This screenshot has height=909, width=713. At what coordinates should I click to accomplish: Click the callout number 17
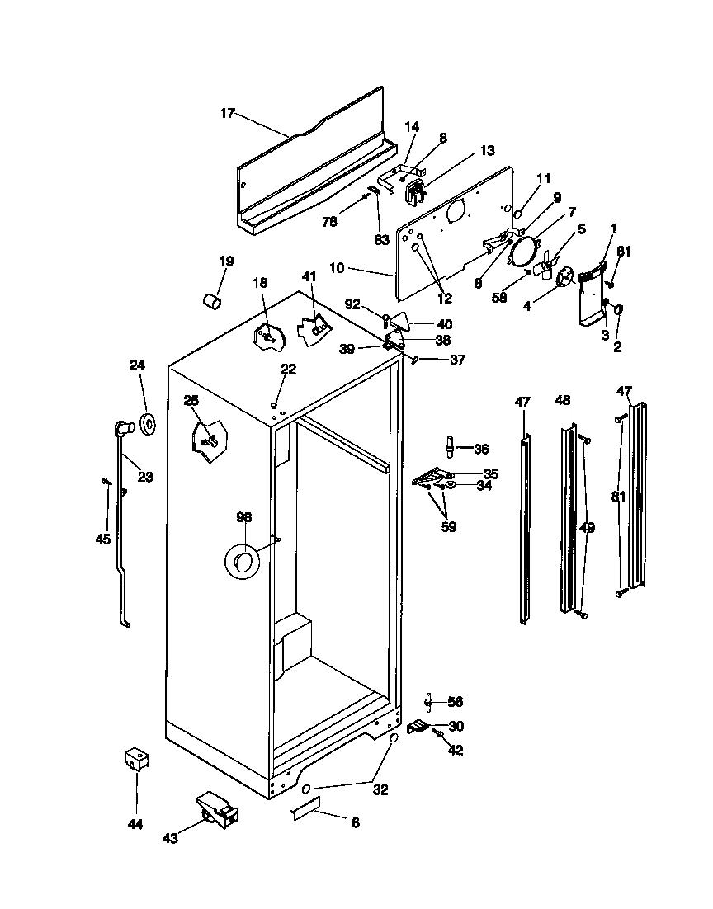click(x=227, y=113)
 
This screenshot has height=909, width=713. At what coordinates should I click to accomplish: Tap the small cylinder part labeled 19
click(x=213, y=299)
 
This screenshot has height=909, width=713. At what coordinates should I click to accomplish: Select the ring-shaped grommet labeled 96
click(x=243, y=563)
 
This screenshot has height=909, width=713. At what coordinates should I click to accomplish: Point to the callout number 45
click(x=102, y=539)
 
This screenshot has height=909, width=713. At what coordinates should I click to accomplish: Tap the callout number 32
click(x=380, y=789)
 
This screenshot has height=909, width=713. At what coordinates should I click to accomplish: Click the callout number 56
click(x=456, y=702)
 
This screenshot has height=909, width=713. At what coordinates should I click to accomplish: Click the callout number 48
click(x=563, y=400)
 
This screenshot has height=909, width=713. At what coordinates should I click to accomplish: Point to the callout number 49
click(x=587, y=528)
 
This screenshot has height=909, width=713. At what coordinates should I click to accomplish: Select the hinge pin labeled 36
click(x=451, y=447)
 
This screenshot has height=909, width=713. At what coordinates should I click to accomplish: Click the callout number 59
click(x=448, y=526)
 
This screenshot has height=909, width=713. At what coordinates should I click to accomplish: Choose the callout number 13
click(x=487, y=150)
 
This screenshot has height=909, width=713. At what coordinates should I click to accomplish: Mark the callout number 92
click(x=352, y=304)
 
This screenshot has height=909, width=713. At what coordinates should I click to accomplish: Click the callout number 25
click(x=191, y=400)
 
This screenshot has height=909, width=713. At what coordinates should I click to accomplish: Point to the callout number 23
click(x=145, y=476)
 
